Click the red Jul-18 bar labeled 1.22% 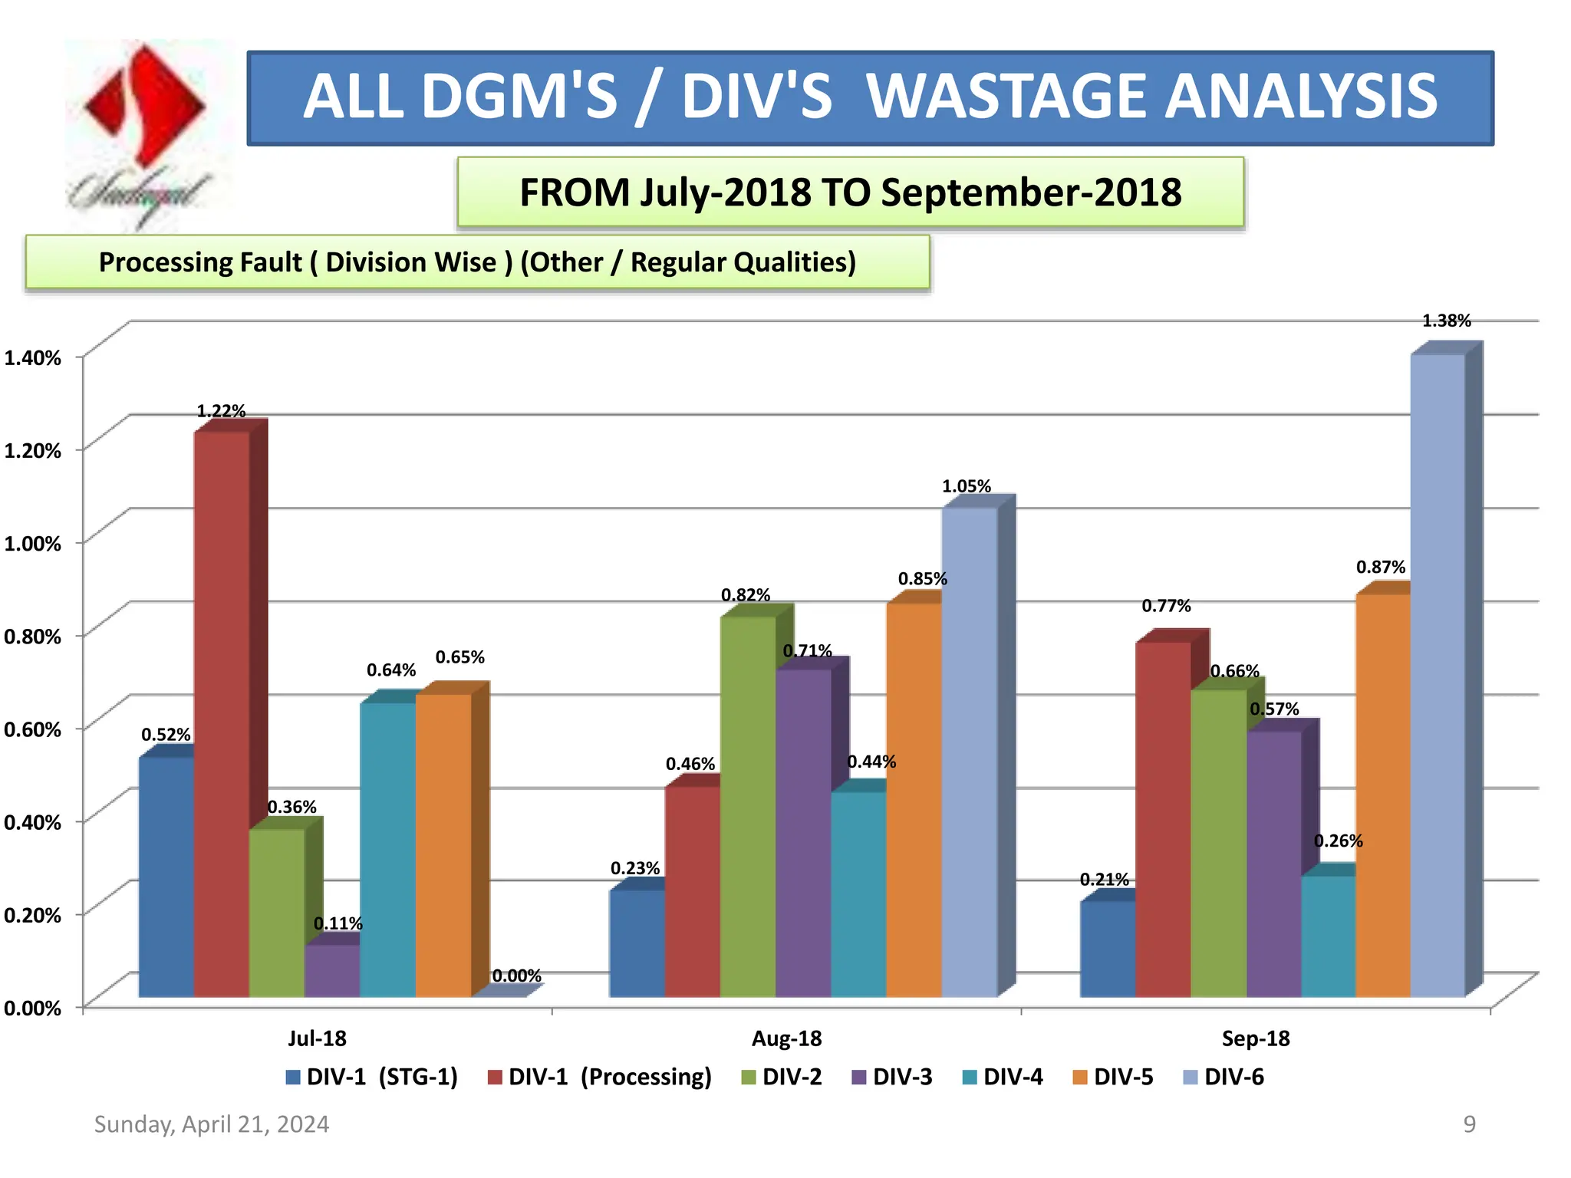222,713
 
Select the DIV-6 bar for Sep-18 1438,675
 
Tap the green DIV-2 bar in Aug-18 748,805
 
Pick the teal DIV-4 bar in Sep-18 1328,936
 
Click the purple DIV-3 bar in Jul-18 332,970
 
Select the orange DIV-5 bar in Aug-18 914,798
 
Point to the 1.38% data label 1446,321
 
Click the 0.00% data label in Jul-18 516,976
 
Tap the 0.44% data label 871,762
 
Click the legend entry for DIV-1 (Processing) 600,1077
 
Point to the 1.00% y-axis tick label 32,544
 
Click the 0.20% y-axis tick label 32,915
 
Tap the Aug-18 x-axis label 786,1038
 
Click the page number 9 1469,1124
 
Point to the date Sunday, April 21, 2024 212,1124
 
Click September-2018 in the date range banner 1031,192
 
